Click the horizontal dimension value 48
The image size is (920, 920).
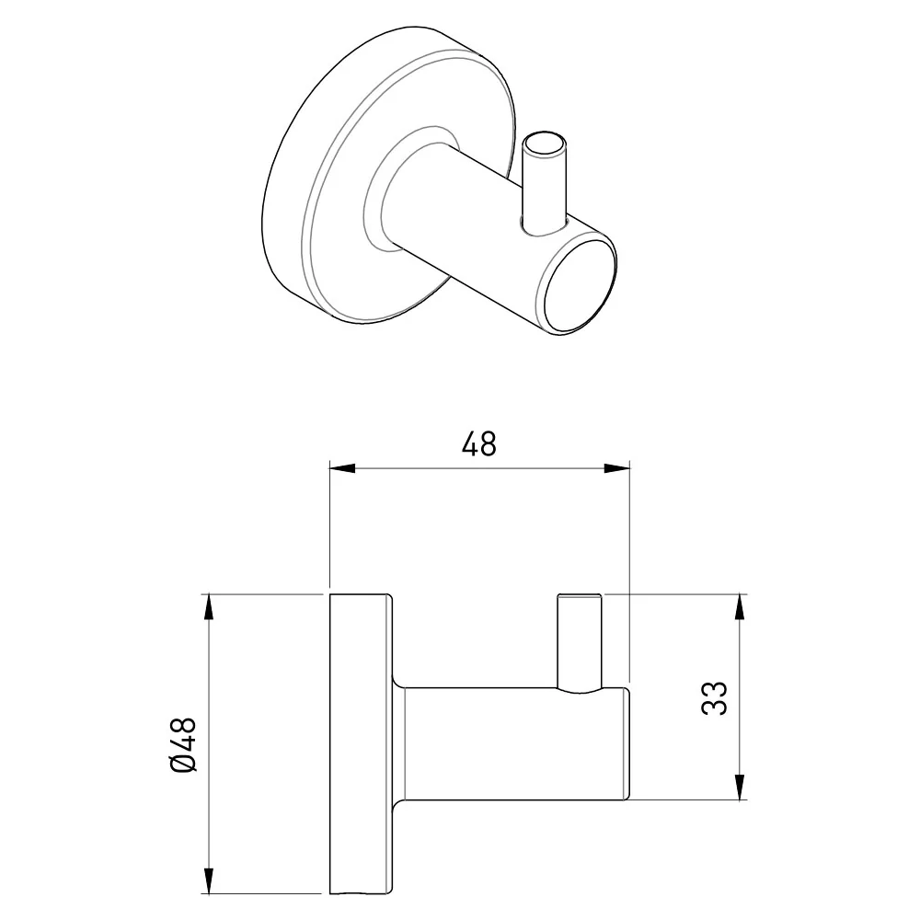[x=478, y=443]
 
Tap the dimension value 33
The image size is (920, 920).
[x=714, y=697]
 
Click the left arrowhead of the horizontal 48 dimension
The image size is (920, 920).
[x=342, y=468]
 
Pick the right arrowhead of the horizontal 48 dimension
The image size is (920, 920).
[x=616, y=468]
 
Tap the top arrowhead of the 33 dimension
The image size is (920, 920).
[x=740, y=608]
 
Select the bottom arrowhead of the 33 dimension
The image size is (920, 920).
[x=740, y=787]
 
